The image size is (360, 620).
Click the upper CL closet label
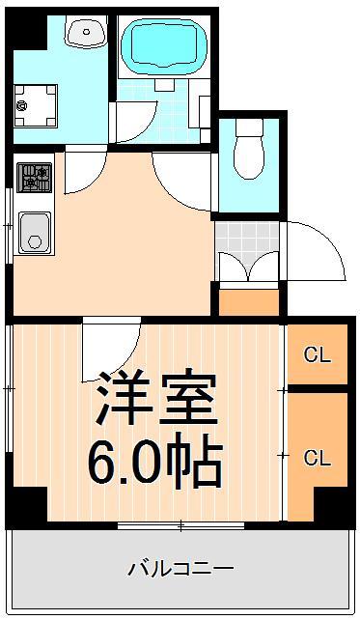(318, 355)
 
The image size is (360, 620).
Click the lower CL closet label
(318, 458)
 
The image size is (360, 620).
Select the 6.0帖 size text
(154, 463)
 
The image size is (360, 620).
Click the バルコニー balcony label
(181, 568)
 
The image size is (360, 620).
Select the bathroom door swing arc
(135, 126)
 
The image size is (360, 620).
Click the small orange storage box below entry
(249, 300)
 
